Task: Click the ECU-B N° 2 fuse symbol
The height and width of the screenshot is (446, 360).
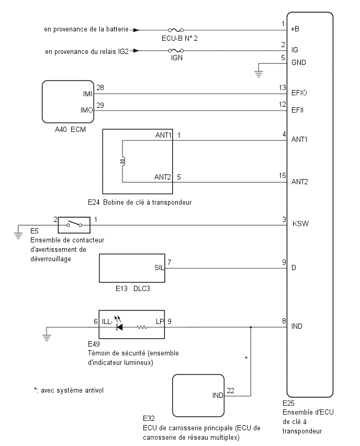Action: [x=176, y=30]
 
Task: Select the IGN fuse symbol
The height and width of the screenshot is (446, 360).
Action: [x=176, y=51]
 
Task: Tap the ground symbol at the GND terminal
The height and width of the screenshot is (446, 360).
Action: [x=258, y=74]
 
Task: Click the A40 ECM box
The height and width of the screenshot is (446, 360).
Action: [x=68, y=102]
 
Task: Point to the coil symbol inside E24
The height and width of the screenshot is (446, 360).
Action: [x=123, y=162]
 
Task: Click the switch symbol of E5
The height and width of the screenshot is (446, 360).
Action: [x=74, y=225]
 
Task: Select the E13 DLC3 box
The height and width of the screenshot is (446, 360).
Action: [x=132, y=268]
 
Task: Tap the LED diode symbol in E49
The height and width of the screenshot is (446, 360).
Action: [x=119, y=327]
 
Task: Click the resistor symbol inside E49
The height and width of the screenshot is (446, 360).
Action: [x=142, y=327]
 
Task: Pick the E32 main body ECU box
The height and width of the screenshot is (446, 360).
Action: [x=198, y=396]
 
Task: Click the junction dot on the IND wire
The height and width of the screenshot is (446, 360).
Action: [x=251, y=327]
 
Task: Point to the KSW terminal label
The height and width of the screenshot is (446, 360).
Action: [x=300, y=224]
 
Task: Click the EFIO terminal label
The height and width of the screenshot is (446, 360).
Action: [x=299, y=93]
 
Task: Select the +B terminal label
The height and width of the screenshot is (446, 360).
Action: [x=295, y=29]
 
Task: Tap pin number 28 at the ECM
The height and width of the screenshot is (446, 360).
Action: [x=100, y=87]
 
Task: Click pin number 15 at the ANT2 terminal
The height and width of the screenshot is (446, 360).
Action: [x=283, y=175]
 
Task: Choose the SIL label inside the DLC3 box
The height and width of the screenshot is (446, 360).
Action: [x=159, y=267]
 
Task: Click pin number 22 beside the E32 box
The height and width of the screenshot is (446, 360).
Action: [x=231, y=391]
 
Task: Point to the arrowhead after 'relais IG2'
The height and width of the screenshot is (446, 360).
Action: [x=137, y=51]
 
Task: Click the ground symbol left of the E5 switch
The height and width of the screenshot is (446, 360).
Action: [x=18, y=236]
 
